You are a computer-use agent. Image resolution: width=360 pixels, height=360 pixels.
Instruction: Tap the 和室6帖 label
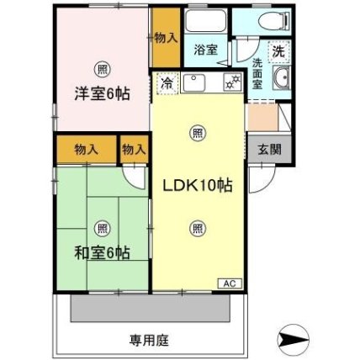(x=101, y=252)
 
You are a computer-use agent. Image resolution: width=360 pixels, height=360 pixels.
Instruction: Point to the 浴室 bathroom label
(x=205, y=50)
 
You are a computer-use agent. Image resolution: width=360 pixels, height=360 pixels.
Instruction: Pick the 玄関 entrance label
(x=269, y=150)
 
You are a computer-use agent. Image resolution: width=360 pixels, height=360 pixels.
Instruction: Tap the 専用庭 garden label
(x=173, y=341)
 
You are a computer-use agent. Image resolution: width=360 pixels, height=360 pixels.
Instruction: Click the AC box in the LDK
(x=228, y=283)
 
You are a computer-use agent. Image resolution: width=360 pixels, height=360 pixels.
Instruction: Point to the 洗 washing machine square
(x=278, y=50)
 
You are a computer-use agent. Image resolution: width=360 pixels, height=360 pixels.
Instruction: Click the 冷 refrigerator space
(x=167, y=82)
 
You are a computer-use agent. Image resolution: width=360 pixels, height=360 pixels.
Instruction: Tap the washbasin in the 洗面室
(x=279, y=81)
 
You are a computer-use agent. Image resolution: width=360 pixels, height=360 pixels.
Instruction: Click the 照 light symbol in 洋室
(x=101, y=68)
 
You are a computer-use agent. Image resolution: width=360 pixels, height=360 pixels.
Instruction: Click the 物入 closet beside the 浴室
(x=165, y=38)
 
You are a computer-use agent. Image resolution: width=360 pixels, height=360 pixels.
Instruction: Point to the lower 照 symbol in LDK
(x=197, y=226)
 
